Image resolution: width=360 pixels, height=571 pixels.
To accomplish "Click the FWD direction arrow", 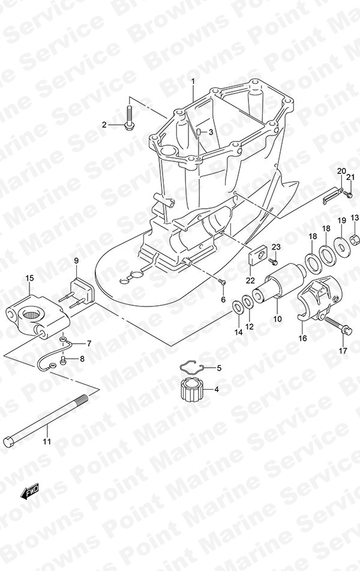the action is click(29, 492).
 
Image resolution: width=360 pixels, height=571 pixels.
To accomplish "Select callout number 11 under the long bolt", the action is click(47, 441).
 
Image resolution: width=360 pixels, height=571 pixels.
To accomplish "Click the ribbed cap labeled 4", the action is click(191, 389).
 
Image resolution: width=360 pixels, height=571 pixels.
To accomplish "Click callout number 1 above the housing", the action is click(193, 82).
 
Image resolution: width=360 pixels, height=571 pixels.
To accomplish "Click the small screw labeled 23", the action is click(274, 261).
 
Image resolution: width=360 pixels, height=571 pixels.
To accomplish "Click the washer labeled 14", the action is click(238, 307).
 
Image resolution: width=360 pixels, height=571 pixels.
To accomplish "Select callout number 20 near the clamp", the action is click(341, 171).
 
